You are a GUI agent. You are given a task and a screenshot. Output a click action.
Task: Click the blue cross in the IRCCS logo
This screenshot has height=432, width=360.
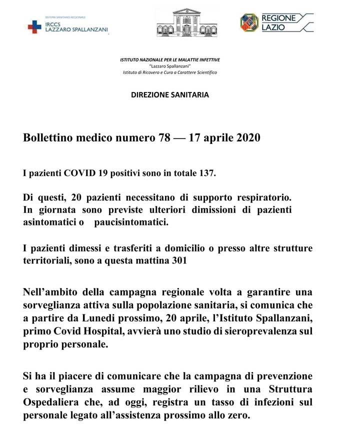click(x=34, y=26)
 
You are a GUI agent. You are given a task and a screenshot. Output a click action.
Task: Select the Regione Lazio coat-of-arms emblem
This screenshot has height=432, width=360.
click(x=249, y=22)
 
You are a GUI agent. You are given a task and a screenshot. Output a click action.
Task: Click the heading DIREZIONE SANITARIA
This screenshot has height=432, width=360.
click(x=170, y=94)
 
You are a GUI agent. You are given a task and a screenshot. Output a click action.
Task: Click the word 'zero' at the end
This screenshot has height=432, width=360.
click(x=238, y=415)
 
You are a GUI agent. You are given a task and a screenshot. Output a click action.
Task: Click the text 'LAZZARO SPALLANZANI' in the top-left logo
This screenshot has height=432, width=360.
click(x=76, y=30)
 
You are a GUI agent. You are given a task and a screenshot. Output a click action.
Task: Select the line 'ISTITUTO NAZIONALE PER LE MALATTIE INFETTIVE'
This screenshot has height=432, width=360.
click(x=170, y=60)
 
